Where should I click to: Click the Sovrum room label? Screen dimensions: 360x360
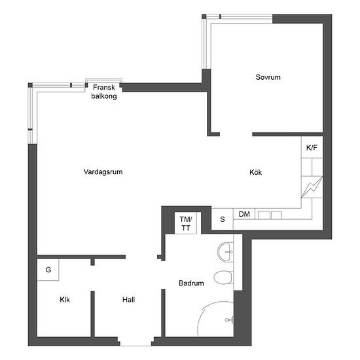(x=268, y=77)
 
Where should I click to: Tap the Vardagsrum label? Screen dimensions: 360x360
(x=103, y=171)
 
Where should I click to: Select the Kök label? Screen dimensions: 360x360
(x=255, y=172)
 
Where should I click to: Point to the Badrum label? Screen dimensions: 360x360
(x=191, y=283)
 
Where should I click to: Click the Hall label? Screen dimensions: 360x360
(x=128, y=300)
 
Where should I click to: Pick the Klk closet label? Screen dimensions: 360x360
(x=65, y=300)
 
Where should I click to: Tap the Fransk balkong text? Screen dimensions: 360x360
(x=104, y=92)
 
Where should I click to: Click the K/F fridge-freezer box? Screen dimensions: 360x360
(x=312, y=147)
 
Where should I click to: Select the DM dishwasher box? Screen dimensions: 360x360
(x=244, y=214)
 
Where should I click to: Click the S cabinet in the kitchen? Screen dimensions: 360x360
(x=223, y=219)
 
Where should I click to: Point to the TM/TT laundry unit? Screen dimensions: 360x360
(x=185, y=223)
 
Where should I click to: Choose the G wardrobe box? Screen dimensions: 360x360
(x=48, y=270)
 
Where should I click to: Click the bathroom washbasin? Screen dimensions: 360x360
(x=225, y=252)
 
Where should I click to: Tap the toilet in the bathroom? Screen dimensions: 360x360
(x=223, y=278)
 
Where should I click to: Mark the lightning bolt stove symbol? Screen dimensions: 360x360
(x=312, y=187)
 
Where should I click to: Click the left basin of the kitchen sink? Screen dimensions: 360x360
(x=264, y=215)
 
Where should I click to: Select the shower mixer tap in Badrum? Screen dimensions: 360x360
(x=229, y=319)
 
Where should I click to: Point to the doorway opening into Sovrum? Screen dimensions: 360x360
(x=236, y=134)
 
